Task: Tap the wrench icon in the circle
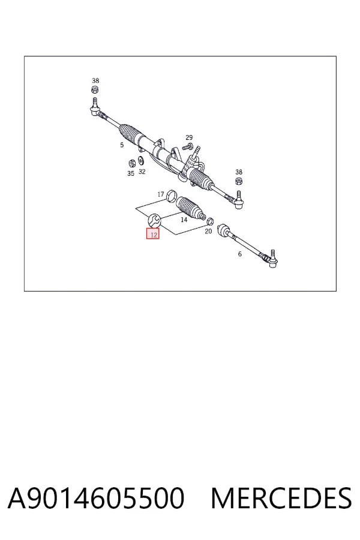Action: pyautogui.click(x=154, y=220)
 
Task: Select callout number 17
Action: pyautogui.click(x=161, y=194)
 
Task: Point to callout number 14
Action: pyautogui.click(x=184, y=220)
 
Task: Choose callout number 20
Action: pyautogui.click(x=208, y=232)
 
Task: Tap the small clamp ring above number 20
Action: pyautogui.click(x=211, y=221)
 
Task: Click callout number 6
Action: pyautogui.click(x=240, y=254)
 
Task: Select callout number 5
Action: pyautogui.click(x=122, y=145)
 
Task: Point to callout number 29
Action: pyautogui.click(x=189, y=137)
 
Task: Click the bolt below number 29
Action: pyautogui.click(x=188, y=147)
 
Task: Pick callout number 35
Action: pyautogui.click(x=131, y=173)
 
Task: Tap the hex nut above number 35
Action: pyautogui.click(x=131, y=163)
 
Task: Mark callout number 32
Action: pyautogui.click(x=142, y=172)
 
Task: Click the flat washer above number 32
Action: pyautogui.click(x=140, y=160)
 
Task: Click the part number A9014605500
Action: pyautogui.click(x=96, y=498)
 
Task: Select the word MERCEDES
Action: pyautogui.click(x=281, y=498)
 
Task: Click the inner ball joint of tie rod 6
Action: pyautogui.click(x=224, y=230)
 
